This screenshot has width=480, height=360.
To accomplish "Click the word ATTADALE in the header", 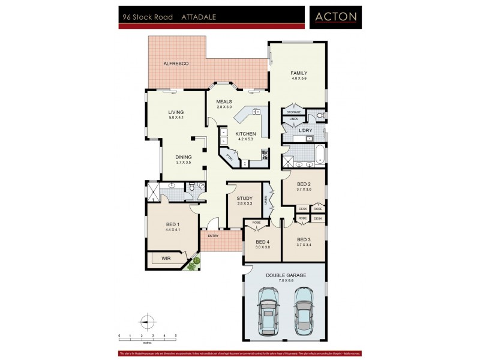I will [199, 18].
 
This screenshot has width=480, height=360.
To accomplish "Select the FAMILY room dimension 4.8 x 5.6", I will [299, 79].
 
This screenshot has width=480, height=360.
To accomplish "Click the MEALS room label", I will [224, 101].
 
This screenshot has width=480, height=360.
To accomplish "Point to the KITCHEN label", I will [246, 134].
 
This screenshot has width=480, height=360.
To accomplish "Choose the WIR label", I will [166, 259].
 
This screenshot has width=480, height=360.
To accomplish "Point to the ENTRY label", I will [212, 236].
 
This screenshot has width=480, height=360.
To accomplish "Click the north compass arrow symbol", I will [145, 320].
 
